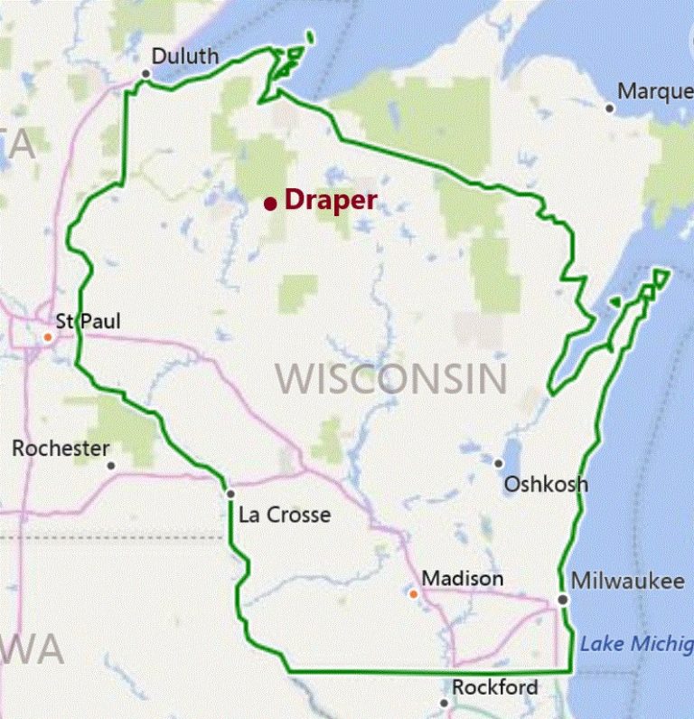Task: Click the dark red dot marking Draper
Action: pyautogui.click(x=270, y=203)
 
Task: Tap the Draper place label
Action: pyautogui.click(x=330, y=200)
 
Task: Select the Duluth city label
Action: pyautogui.click(x=184, y=56)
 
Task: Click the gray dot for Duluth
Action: pyautogui.click(x=145, y=74)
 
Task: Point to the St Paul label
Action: pyautogui.click(x=88, y=320)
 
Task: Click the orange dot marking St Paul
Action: pyautogui.click(x=48, y=337)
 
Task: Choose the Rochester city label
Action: pyautogui.click(x=61, y=449)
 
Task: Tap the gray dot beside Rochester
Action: pyautogui.click(x=111, y=466)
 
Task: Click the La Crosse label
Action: pyautogui.click(x=285, y=516)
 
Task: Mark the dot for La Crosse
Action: pyautogui.click(x=231, y=494)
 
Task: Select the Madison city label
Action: pyautogui.click(x=463, y=579)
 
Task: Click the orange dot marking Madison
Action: pyautogui.click(x=413, y=594)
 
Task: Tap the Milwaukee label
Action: pyautogui.click(x=628, y=581)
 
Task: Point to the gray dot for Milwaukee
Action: pyautogui.click(x=562, y=599)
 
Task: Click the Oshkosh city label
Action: pyautogui.click(x=546, y=484)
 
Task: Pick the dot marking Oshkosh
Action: pyautogui.click(x=498, y=463)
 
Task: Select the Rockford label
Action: pyautogui.click(x=495, y=687)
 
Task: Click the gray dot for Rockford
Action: pyautogui.click(x=445, y=703)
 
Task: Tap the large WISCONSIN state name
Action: pyautogui.click(x=391, y=378)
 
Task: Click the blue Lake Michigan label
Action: pyautogui.click(x=636, y=644)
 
